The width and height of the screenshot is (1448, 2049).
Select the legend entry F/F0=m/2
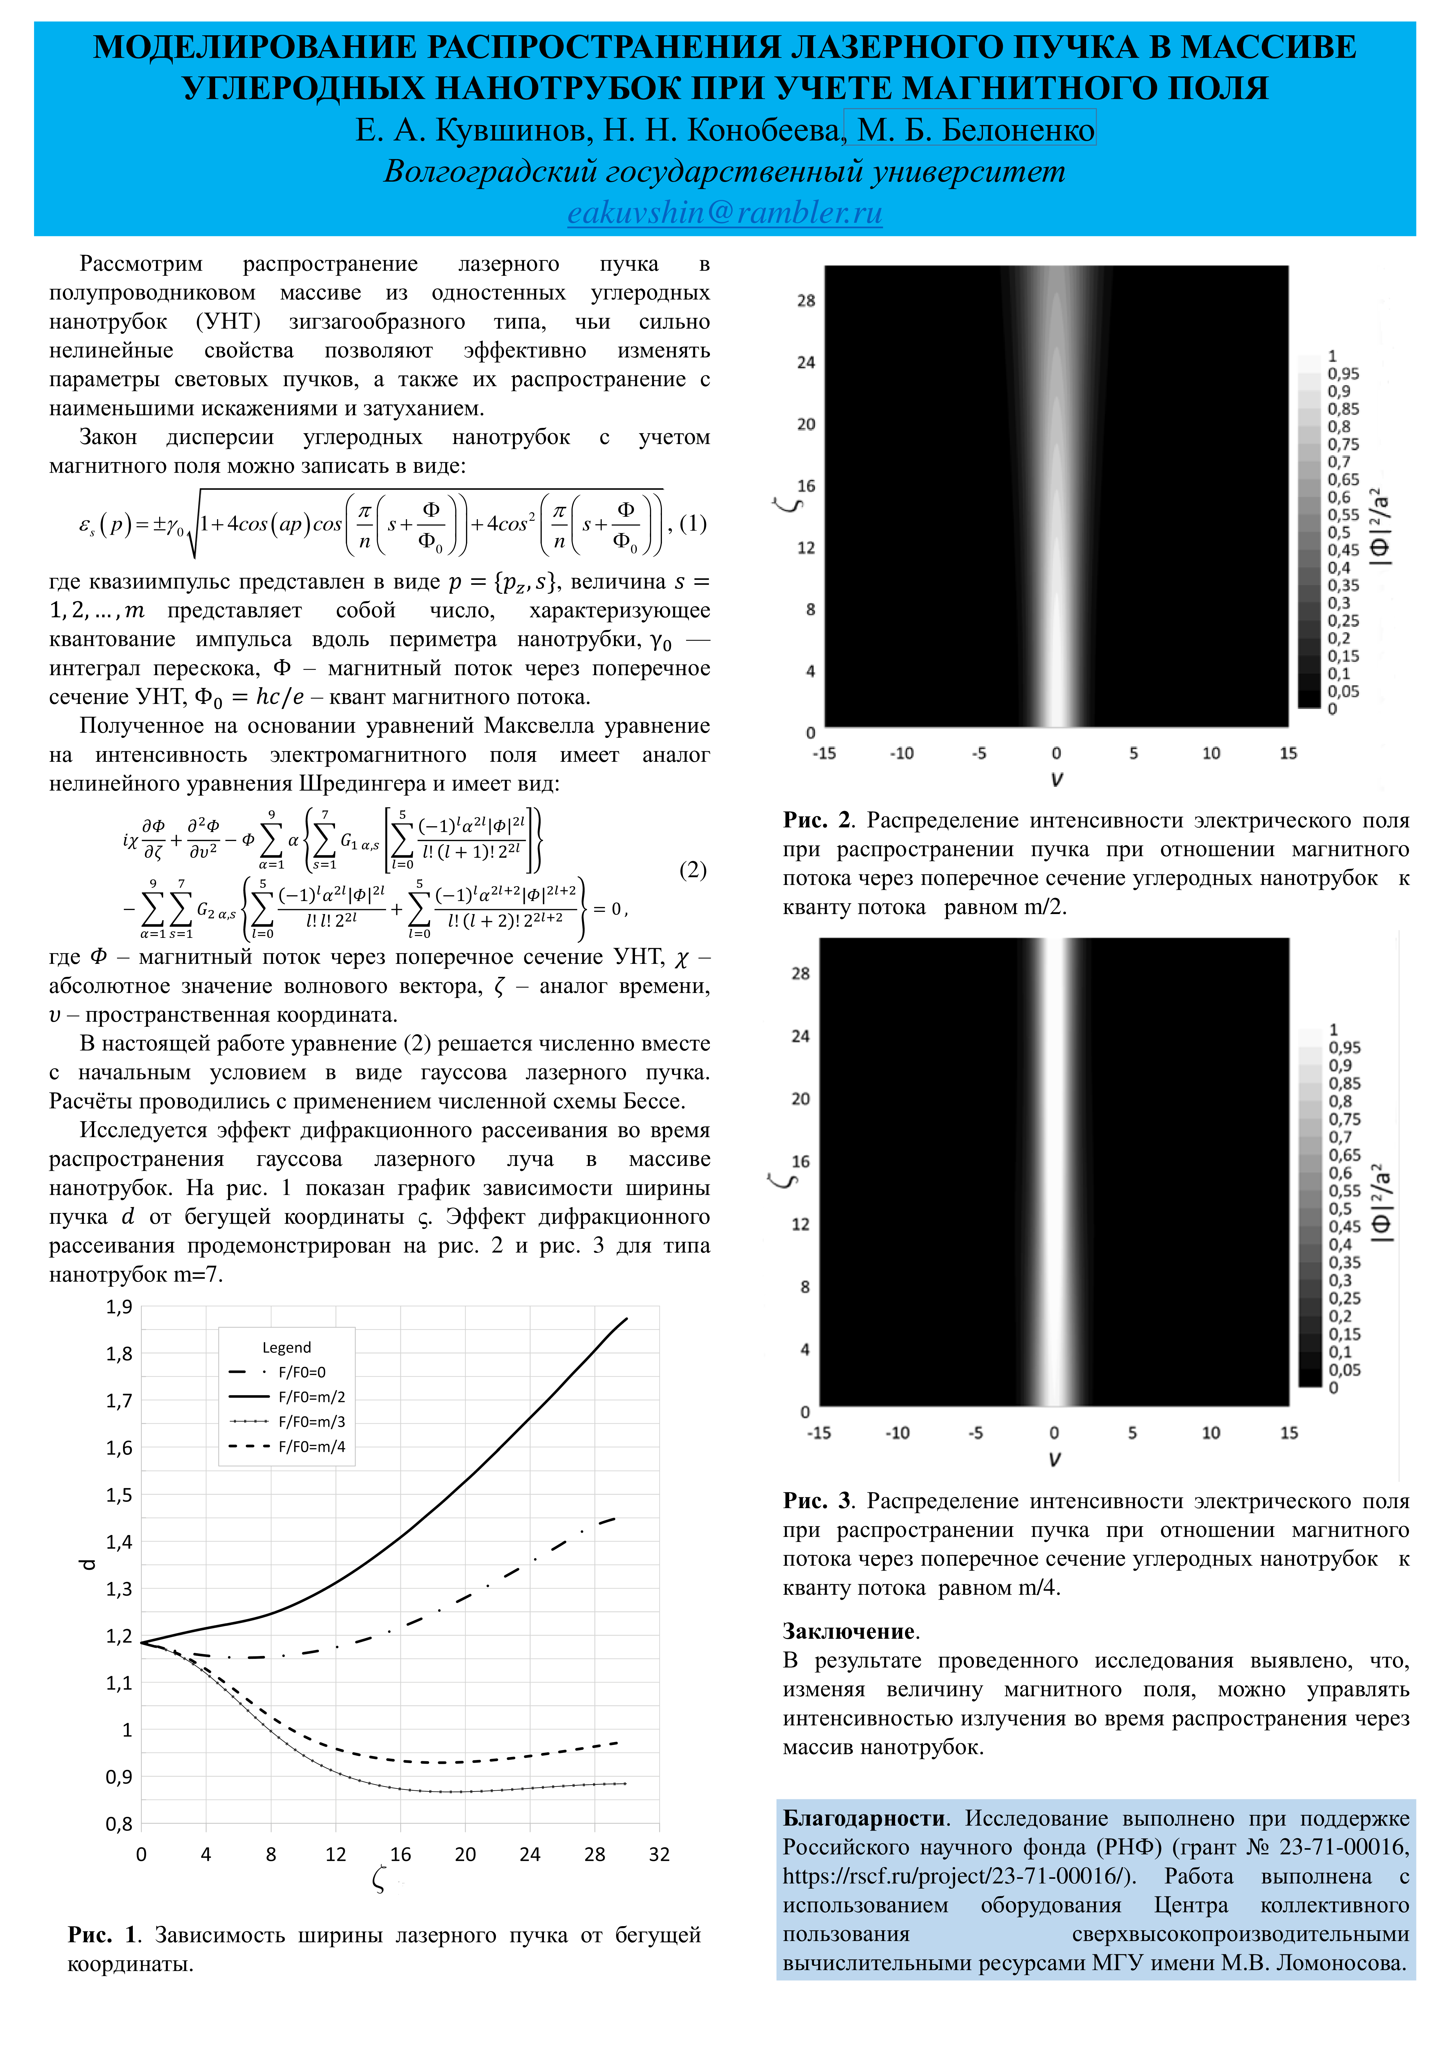pos(311,1397)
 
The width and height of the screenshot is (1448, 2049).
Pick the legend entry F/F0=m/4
pos(311,1447)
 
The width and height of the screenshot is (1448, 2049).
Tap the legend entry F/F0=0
pos(302,1372)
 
